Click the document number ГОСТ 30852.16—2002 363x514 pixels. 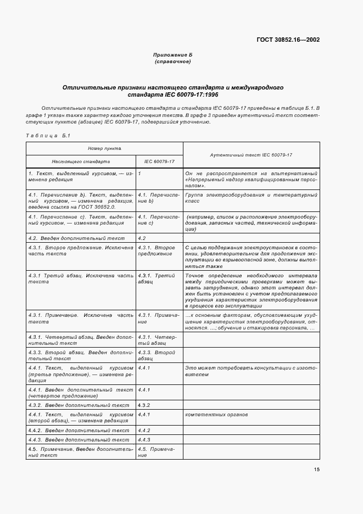point(288,40)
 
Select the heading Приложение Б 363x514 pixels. point(172,56)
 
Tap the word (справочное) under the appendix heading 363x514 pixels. point(172,62)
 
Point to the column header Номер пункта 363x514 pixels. point(104,148)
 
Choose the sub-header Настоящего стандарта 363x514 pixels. point(81,162)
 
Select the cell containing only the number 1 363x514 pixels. point(140,174)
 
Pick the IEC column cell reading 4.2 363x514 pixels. point(142,238)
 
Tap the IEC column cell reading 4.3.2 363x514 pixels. point(144,405)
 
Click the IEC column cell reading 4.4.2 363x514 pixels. point(144,431)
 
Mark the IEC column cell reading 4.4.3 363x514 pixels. point(144,440)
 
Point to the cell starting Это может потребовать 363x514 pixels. point(251,370)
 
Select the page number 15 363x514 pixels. point(317,469)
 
